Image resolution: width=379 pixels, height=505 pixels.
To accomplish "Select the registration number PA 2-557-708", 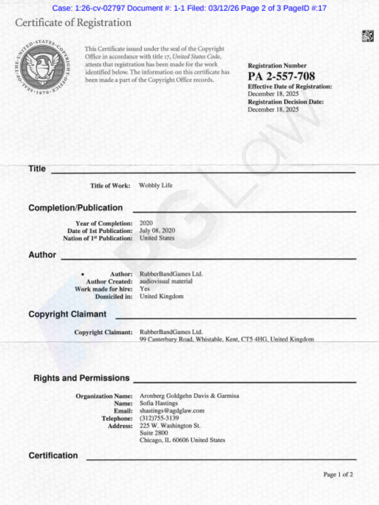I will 281,76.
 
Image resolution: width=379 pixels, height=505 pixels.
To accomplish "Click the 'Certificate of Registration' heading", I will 73,23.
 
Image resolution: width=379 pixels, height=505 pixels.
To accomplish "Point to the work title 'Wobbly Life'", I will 156,185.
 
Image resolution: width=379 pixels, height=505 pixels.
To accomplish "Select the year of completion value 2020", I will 146,223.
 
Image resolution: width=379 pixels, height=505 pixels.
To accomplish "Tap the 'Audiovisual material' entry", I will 166,281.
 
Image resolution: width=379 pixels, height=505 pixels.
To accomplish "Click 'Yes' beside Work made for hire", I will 144,289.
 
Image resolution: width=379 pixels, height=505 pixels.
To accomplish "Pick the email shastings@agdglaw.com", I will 172,411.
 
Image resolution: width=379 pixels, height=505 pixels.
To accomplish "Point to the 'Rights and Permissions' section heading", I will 82,378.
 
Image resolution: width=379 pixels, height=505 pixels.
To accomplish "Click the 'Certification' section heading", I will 53,455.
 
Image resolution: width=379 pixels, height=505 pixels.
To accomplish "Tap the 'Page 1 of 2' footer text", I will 338,474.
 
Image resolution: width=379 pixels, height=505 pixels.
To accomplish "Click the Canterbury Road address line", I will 226,339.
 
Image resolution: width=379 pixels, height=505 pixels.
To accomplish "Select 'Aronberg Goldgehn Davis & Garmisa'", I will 189,396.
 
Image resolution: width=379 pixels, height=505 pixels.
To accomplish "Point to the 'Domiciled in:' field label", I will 114,296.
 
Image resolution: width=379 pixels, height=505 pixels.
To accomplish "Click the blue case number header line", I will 189,8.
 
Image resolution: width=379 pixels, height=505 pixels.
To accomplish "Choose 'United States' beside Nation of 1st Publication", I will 157,238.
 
